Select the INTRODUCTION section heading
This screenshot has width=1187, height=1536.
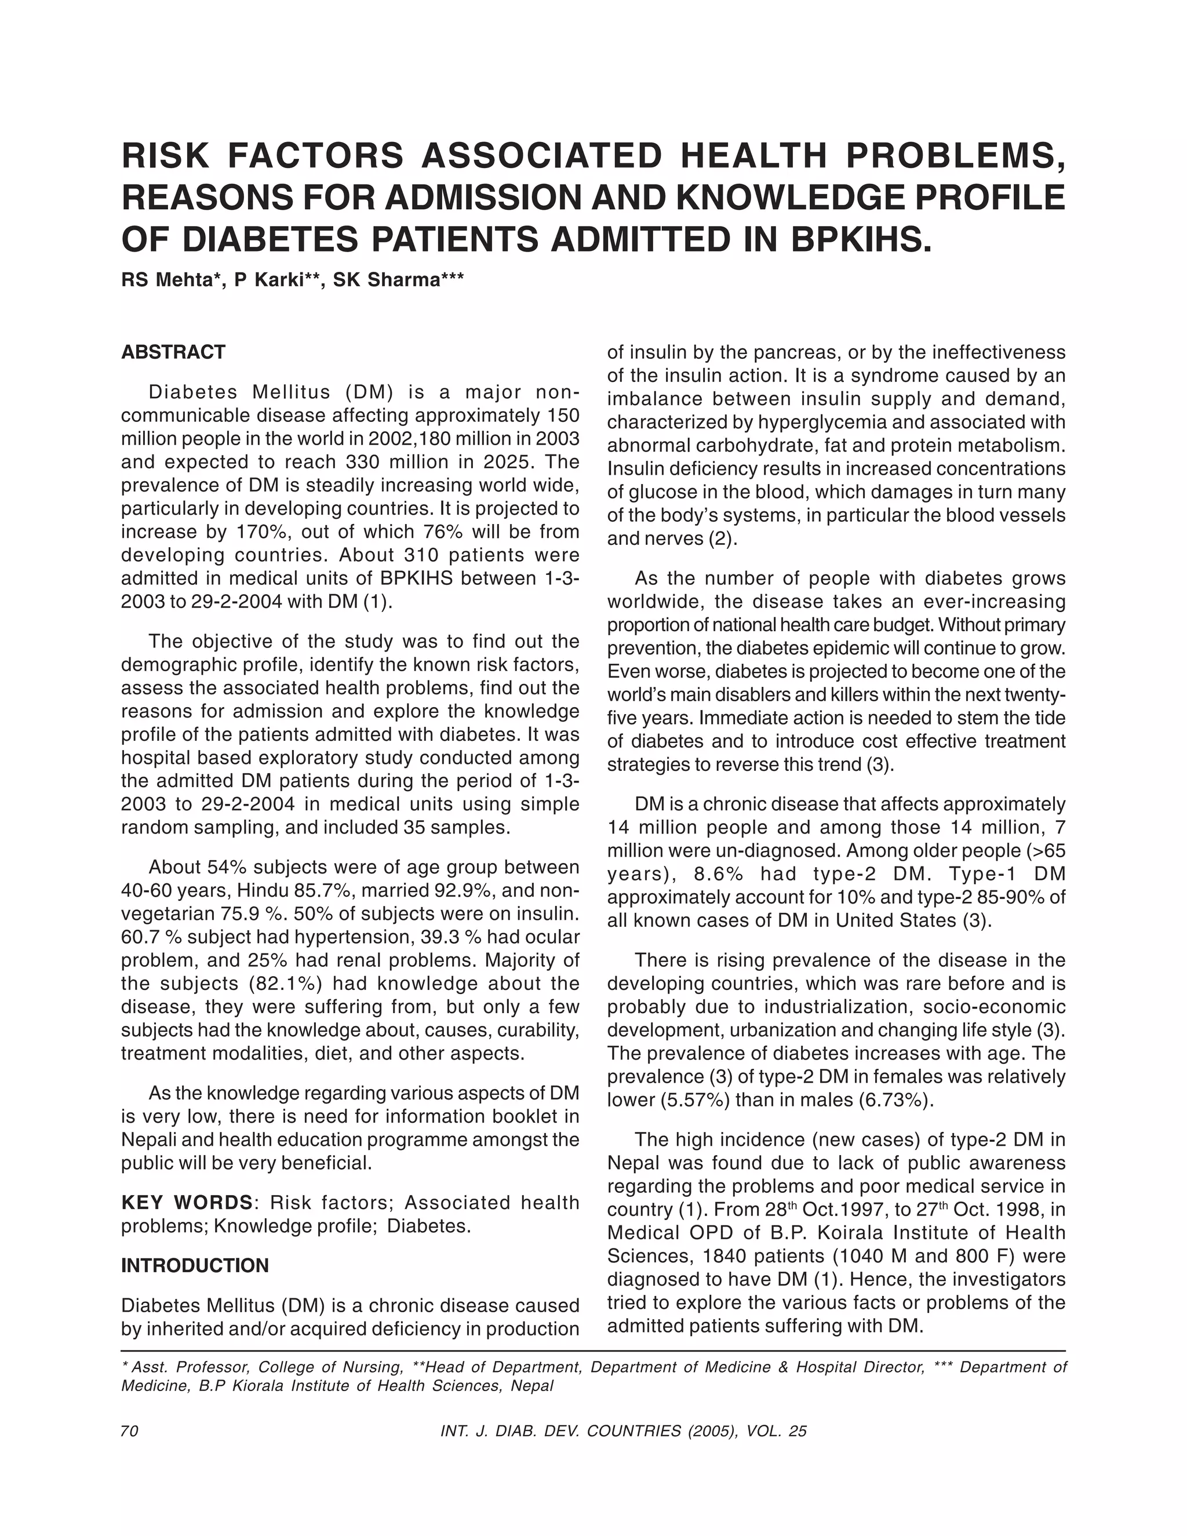pyautogui.click(x=195, y=1265)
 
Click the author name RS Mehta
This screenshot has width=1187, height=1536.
pyautogui.click(x=168, y=280)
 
